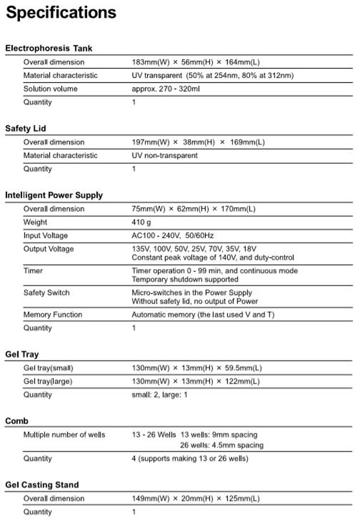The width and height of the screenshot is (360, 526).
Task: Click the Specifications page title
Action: coord(61,13)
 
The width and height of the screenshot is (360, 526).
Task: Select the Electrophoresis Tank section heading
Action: coord(49,48)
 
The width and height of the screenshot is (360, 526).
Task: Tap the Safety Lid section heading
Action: coord(25,128)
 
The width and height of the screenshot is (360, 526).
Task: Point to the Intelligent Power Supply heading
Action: coord(54,195)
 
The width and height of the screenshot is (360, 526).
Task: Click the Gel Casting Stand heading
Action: coord(42,485)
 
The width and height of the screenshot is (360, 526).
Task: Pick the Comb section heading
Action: coord(17,421)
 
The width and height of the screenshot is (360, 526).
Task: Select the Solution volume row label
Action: coord(50,89)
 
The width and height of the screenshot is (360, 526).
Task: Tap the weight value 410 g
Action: coord(142,222)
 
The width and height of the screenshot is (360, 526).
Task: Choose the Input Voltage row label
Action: coord(46,235)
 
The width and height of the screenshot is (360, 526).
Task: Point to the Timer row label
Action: coord(33,271)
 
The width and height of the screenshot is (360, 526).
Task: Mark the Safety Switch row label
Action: coord(46,292)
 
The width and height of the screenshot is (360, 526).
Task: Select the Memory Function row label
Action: coord(53,315)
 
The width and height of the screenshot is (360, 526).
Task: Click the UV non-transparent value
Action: coord(165,156)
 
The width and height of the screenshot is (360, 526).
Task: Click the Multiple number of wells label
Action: coord(64,435)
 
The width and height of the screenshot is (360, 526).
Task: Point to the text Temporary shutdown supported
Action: coord(185,279)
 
